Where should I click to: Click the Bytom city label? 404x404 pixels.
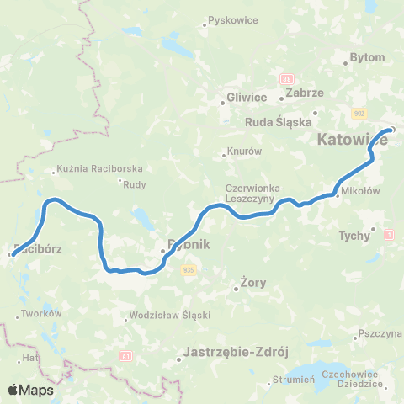[x=367, y=58]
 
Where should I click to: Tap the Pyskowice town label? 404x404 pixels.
[x=231, y=19]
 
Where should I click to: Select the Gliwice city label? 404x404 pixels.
[x=247, y=97]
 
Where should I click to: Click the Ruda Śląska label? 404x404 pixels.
[x=278, y=120]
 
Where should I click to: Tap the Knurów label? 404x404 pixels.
[x=244, y=152]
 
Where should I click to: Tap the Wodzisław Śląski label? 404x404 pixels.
[x=169, y=316]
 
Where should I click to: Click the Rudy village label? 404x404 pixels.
[x=135, y=186]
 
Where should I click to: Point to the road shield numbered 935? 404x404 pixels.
[x=188, y=269]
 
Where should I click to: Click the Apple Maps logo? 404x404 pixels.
[x=30, y=390]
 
